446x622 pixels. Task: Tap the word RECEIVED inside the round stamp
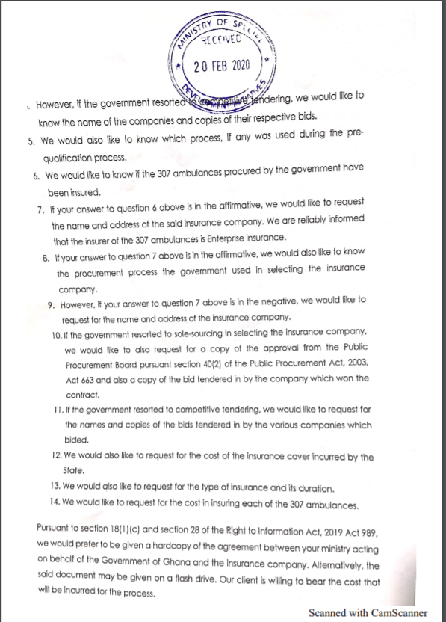[x=217, y=42]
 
